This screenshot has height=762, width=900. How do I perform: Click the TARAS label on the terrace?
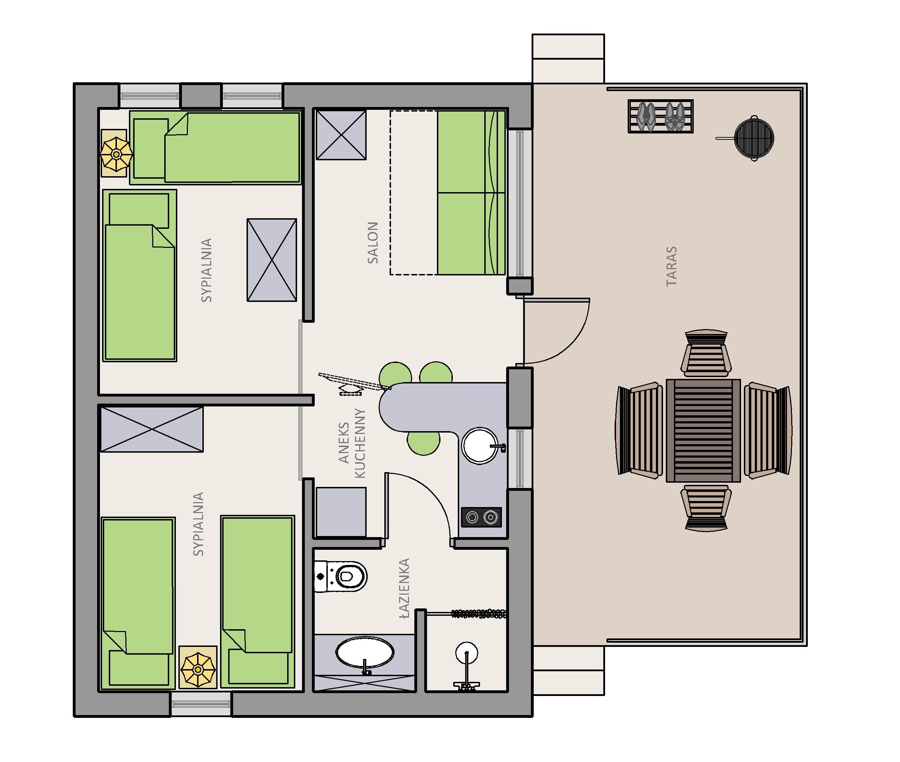671,267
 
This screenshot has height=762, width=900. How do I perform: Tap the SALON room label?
372,243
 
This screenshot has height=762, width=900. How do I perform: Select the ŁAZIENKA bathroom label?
404,588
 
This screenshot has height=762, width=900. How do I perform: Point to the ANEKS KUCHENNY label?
353,443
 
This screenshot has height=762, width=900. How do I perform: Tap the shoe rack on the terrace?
661,116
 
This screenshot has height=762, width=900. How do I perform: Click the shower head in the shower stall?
467,652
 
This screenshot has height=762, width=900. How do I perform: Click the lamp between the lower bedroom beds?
198,669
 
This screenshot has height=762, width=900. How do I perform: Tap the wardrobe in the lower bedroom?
151,429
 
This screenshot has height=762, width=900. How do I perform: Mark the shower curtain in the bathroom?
479,613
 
